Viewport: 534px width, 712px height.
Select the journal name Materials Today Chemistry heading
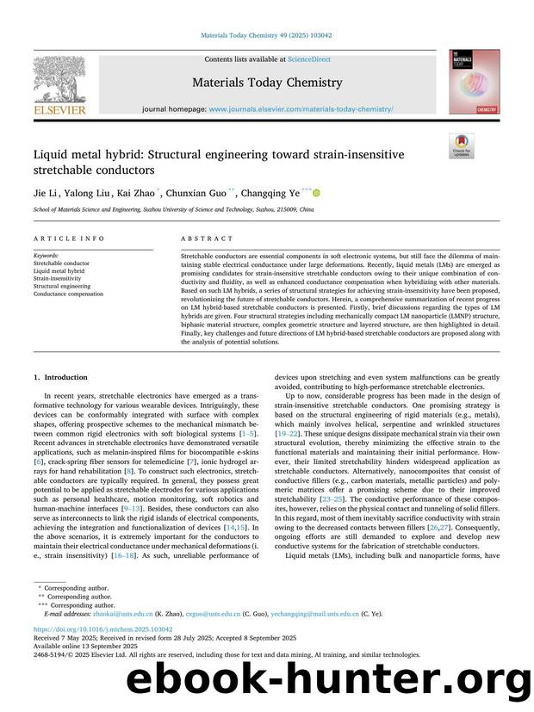(267, 83)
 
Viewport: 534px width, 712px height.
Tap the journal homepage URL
(301, 109)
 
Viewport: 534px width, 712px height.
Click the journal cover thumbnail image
(474, 82)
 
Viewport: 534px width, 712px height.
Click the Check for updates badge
(462, 145)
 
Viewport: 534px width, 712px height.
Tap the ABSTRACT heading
(207, 238)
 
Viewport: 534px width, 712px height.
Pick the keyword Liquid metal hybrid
(59, 271)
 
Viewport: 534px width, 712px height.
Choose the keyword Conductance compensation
(68, 294)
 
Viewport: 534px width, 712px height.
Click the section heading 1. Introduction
(60, 377)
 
